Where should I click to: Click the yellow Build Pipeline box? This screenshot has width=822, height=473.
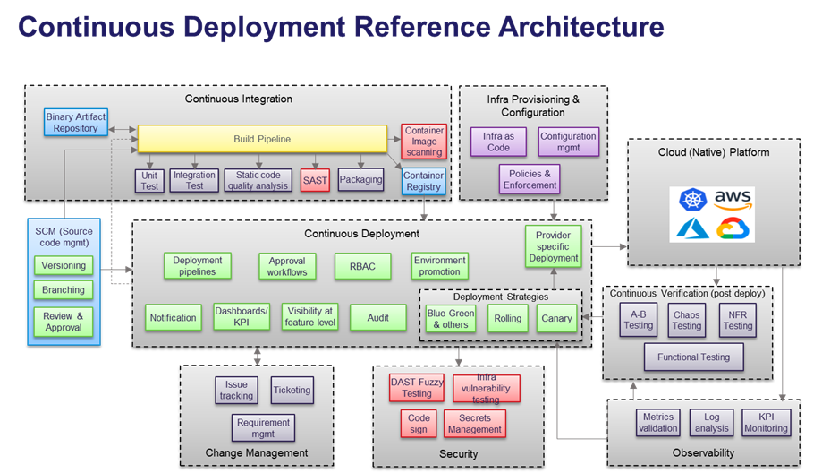pyautogui.click(x=262, y=139)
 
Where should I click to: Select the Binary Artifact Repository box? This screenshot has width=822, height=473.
pyautogui.click(x=75, y=123)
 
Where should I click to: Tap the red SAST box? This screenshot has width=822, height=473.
pyautogui.click(x=315, y=180)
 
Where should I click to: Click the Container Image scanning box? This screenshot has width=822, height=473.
pyautogui.click(x=424, y=142)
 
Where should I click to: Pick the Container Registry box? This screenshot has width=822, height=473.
pyautogui.click(x=423, y=181)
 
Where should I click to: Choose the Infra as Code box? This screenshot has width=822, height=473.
pyautogui.click(x=498, y=142)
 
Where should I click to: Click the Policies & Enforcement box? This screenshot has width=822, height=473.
pyautogui.click(x=529, y=178)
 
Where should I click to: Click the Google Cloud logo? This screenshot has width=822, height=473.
pyautogui.click(x=734, y=228)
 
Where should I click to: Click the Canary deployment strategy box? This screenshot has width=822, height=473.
pyautogui.click(x=555, y=318)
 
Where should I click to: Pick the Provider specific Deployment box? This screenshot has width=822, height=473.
pyautogui.click(x=553, y=245)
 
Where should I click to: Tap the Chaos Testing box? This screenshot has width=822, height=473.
pyautogui.click(x=686, y=320)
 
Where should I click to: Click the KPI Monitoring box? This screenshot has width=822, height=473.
pyautogui.click(x=766, y=422)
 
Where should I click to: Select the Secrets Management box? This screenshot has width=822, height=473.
pyautogui.click(x=474, y=424)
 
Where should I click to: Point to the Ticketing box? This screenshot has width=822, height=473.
pyautogui.click(x=292, y=390)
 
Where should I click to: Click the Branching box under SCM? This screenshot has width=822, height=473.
pyautogui.click(x=64, y=290)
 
